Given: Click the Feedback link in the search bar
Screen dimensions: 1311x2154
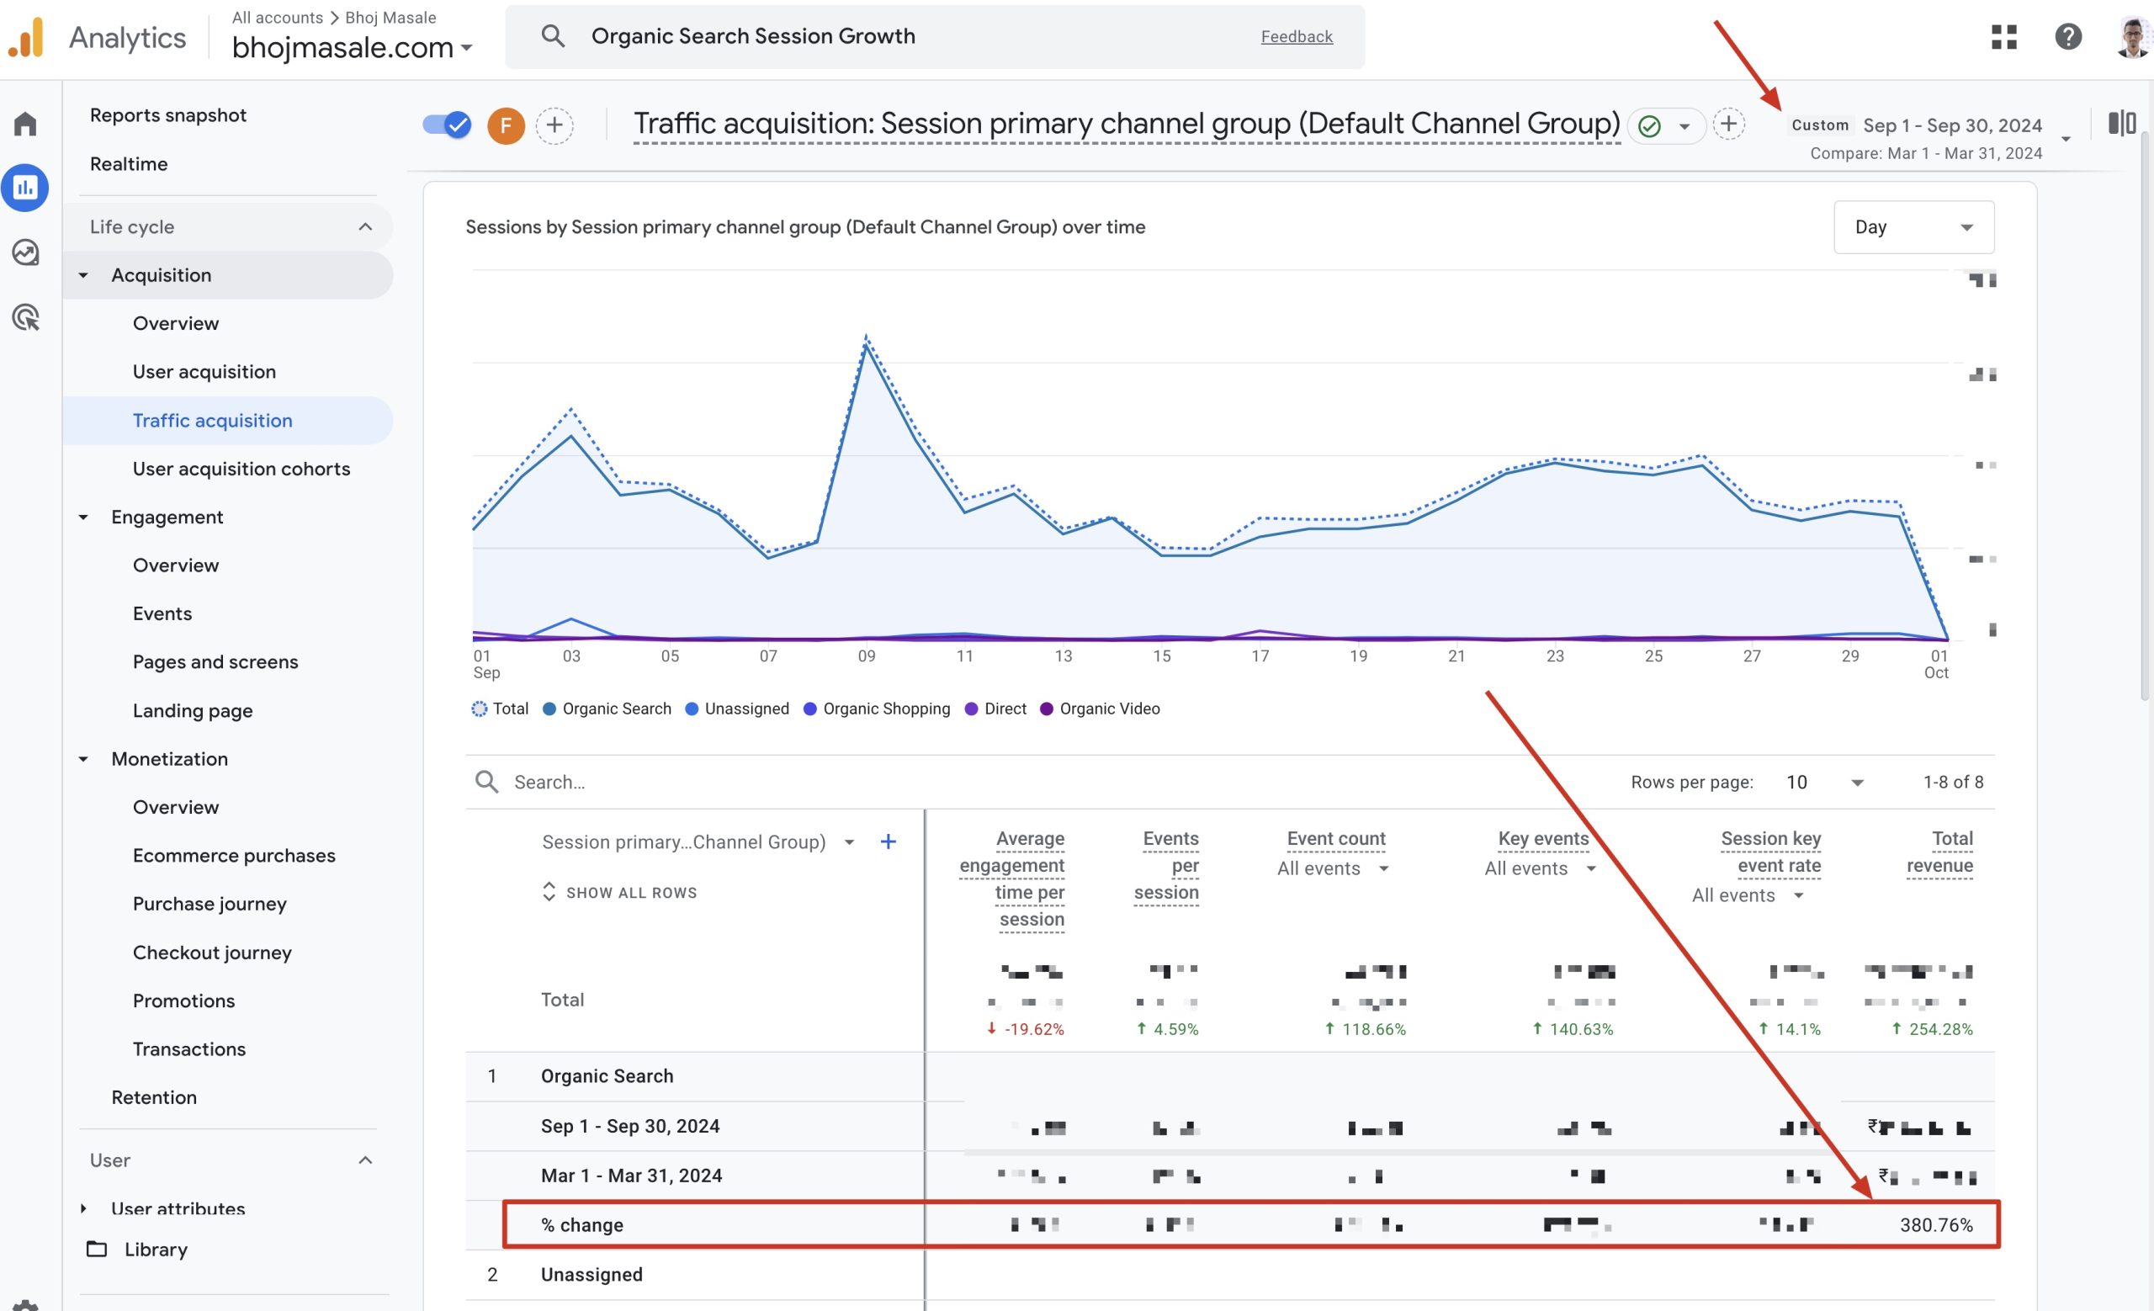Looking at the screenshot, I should [x=1296, y=36].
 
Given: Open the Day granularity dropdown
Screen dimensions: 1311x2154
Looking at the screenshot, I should [x=1913, y=227].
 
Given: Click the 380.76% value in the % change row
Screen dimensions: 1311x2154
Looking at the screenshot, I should [x=1935, y=1224].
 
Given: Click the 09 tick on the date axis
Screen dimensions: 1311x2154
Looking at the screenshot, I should [x=866, y=655].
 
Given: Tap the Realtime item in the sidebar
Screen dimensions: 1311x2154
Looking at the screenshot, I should [x=129, y=163].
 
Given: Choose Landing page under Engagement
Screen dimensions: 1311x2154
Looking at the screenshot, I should [x=193, y=710].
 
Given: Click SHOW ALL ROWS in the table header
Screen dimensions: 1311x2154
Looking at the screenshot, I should [x=630, y=892].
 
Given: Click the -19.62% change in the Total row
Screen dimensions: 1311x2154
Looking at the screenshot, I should [x=1032, y=1029].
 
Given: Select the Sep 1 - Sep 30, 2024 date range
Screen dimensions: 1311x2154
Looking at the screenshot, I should [x=1951, y=125].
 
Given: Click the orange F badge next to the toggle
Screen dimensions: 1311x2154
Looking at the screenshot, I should [x=506, y=125].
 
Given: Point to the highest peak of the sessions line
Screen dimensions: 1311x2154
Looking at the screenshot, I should [x=866, y=339].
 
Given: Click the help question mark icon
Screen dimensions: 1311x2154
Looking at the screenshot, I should [x=2067, y=37].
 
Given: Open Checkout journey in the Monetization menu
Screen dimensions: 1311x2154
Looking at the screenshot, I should [x=211, y=952].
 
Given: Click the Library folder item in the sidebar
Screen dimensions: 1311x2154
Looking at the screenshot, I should [x=155, y=1249].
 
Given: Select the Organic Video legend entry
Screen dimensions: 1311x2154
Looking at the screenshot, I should [x=1108, y=709].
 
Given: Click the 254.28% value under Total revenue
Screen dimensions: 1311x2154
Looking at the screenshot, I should [x=1939, y=1029].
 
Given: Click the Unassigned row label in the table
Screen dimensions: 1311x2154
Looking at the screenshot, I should [x=591, y=1274].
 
